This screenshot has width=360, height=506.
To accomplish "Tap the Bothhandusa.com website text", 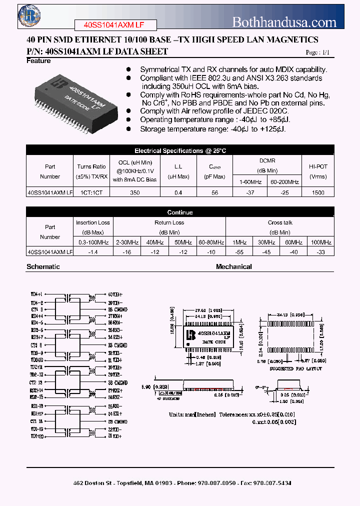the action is tap(284, 22).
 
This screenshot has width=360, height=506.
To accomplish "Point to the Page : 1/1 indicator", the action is tap(317, 52).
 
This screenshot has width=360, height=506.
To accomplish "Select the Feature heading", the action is tap(38, 61).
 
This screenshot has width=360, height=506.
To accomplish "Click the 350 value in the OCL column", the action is tap(135, 192).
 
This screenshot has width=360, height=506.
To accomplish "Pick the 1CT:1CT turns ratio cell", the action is tap(91, 192).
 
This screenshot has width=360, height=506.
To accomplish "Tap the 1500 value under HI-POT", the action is tap(318, 192).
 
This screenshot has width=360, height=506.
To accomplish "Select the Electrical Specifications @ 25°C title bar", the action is tap(180, 150).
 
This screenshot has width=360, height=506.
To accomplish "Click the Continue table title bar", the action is tap(180, 212).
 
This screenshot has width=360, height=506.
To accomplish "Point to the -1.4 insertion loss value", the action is tap(93, 252).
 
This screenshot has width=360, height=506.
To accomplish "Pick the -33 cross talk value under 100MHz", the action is tap(320, 252).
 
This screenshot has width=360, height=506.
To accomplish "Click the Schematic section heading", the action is tap(43, 267).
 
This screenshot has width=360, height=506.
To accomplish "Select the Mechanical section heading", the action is tap(233, 267).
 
